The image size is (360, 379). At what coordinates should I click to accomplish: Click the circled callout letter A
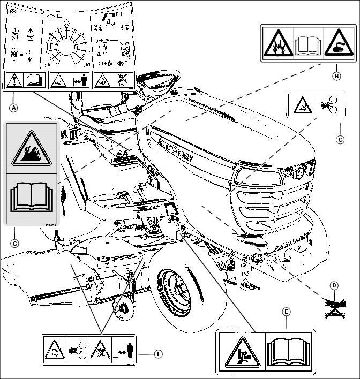pos(14,107)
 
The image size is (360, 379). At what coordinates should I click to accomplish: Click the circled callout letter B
pos(336,75)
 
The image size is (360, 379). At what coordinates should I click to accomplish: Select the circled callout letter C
pos(340,140)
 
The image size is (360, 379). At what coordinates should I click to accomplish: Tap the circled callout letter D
pos(334,286)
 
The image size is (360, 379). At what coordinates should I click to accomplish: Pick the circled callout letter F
pos(158,354)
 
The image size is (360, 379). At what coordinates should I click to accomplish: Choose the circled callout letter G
pos(14,243)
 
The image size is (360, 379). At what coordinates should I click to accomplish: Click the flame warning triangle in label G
pos(31,148)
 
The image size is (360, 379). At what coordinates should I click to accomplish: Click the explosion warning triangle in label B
pos(277,43)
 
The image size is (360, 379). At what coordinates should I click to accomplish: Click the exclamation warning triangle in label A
pos(14,80)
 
